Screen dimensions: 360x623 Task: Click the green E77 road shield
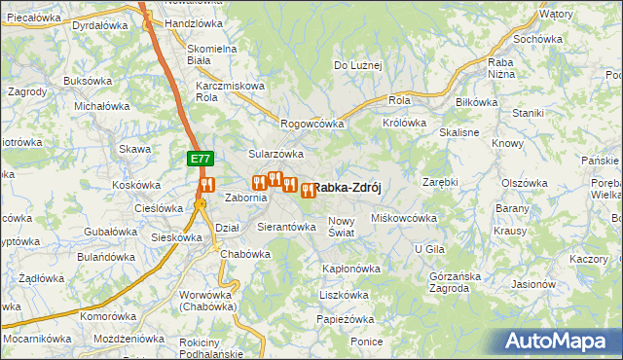[200, 158]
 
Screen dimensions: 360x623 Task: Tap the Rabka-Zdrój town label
[347, 190]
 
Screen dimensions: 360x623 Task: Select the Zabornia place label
[246, 198]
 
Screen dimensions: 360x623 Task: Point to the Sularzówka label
[276, 154]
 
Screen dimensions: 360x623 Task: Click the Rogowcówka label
[313, 124]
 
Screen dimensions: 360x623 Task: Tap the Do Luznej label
[358, 65]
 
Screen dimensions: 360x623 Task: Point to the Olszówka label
[526, 183]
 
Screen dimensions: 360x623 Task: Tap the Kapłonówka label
[350, 268]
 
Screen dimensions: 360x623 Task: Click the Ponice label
[367, 342]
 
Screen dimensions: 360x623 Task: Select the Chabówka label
[245, 254]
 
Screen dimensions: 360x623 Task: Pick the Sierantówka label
[286, 227]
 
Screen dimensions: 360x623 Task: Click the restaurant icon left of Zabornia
[206, 185]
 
